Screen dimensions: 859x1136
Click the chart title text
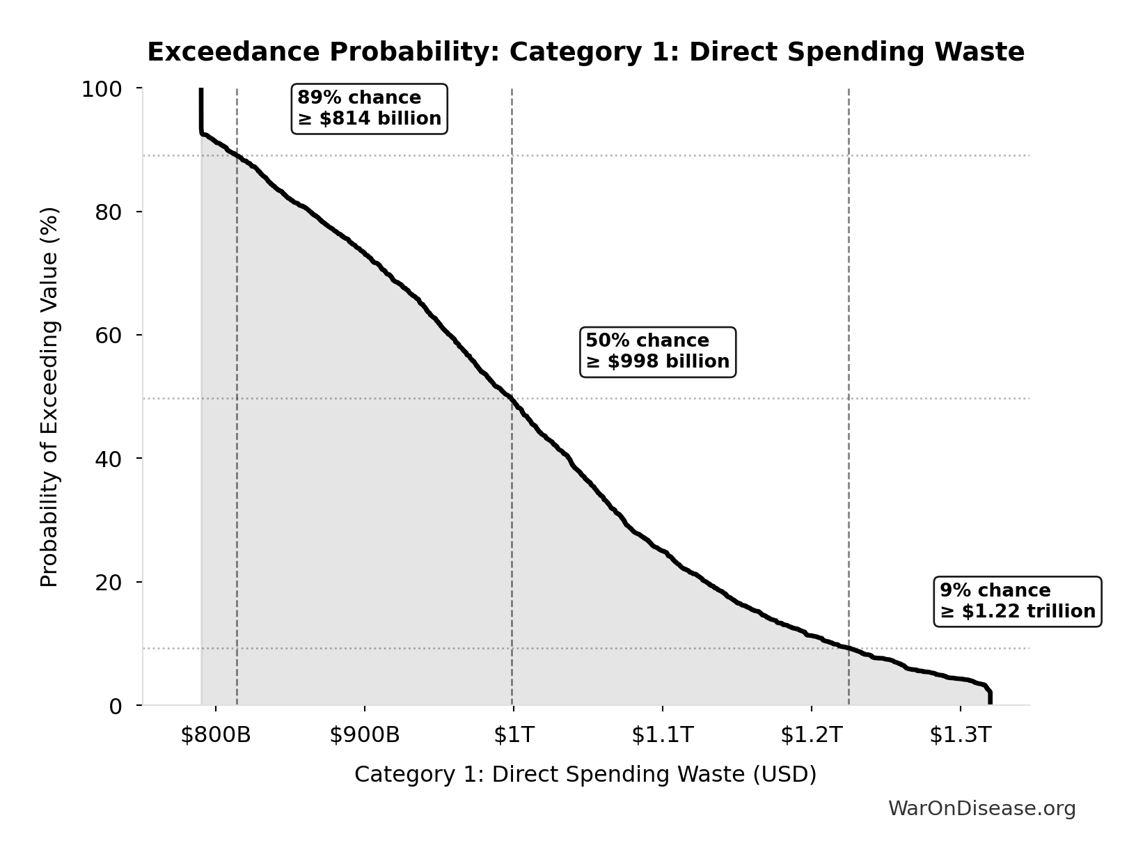pos(585,52)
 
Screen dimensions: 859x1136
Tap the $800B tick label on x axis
pos(216,735)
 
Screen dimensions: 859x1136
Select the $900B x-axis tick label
pos(365,735)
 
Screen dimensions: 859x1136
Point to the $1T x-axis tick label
pos(514,735)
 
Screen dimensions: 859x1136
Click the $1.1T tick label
pos(663,735)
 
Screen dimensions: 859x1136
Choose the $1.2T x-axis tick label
pos(812,735)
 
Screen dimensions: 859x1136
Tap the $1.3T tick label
pos(960,735)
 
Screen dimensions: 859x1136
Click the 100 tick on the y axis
pos(102,89)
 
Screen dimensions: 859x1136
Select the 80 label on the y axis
pos(109,212)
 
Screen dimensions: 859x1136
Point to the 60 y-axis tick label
pos(109,336)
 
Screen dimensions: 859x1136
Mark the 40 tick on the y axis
pos(109,459)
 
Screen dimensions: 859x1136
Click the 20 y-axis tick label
pos(109,583)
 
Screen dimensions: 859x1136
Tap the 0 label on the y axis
pos(116,706)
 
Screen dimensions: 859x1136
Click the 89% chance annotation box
pos(369,109)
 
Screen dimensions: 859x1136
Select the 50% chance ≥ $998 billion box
pos(657,352)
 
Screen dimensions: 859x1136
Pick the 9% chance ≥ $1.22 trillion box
pos(1017,601)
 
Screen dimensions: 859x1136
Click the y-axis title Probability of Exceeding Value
pos(49,397)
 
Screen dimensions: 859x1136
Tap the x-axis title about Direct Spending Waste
pos(585,775)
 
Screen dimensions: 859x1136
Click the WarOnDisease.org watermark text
pos(981,809)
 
